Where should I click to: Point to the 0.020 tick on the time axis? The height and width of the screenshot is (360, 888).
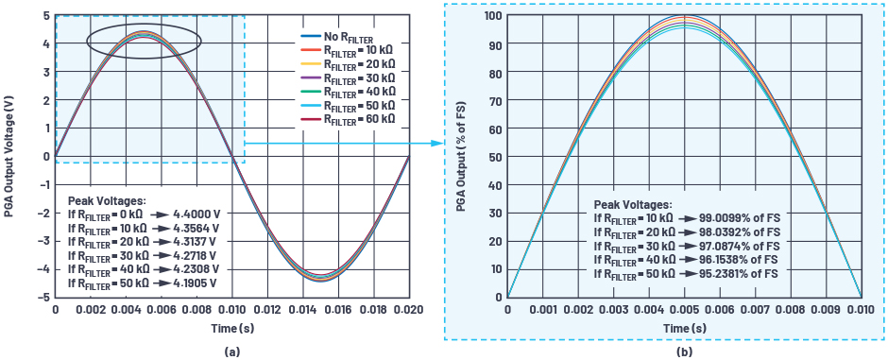(x=408, y=310)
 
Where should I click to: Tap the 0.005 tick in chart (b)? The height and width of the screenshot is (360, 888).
(x=684, y=310)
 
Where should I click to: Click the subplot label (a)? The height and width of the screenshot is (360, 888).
(x=231, y=351)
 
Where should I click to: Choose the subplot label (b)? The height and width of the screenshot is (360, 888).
(x=684, y=351)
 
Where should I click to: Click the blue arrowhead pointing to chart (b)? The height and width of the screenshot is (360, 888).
(x=437, y=143)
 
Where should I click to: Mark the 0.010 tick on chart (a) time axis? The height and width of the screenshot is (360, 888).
(x=231, y=310)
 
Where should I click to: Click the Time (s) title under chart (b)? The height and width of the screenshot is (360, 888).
(x=684, y=326)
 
